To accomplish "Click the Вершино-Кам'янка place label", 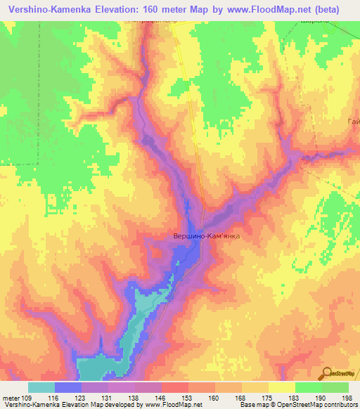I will click(207, 237).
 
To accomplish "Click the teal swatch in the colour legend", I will click(41, 387).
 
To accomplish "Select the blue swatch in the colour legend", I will click(68, 387).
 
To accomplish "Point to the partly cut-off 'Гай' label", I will click(353, 124).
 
